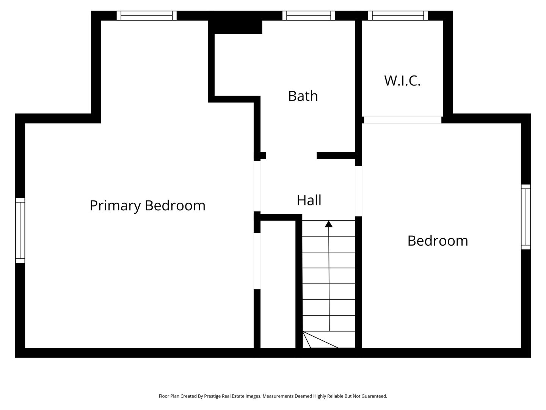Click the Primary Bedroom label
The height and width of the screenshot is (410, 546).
[x=147, y=205]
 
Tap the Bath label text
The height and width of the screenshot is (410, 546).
[x=303, y=96]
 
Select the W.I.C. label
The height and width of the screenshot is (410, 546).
[x=402, y=80]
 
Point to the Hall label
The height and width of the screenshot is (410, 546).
[x=309, y=200]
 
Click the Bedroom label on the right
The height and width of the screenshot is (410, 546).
[x=438, y=241]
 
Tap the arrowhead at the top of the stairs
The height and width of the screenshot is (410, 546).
[x=329, y=224]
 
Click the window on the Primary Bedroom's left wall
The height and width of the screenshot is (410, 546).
[x=20, y=230]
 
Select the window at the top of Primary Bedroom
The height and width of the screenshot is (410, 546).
[x=146, y=16]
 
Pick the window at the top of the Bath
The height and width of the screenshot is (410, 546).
[x=309, y=16]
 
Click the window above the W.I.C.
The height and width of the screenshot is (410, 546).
[x=398, y=16]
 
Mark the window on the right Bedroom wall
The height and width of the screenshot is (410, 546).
[x=526, y=217]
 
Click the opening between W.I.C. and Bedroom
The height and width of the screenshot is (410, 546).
[x=402, y=120]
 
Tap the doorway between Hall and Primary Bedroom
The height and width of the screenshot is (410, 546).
[x=257, y=186]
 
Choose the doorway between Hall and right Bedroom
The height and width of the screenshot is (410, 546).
[x=358, y=191]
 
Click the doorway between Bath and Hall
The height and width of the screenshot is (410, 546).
[x=291, y=155]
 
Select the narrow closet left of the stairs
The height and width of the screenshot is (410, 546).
[x=278, y=285]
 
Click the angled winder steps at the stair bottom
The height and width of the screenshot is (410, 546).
[x=318, y=340]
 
